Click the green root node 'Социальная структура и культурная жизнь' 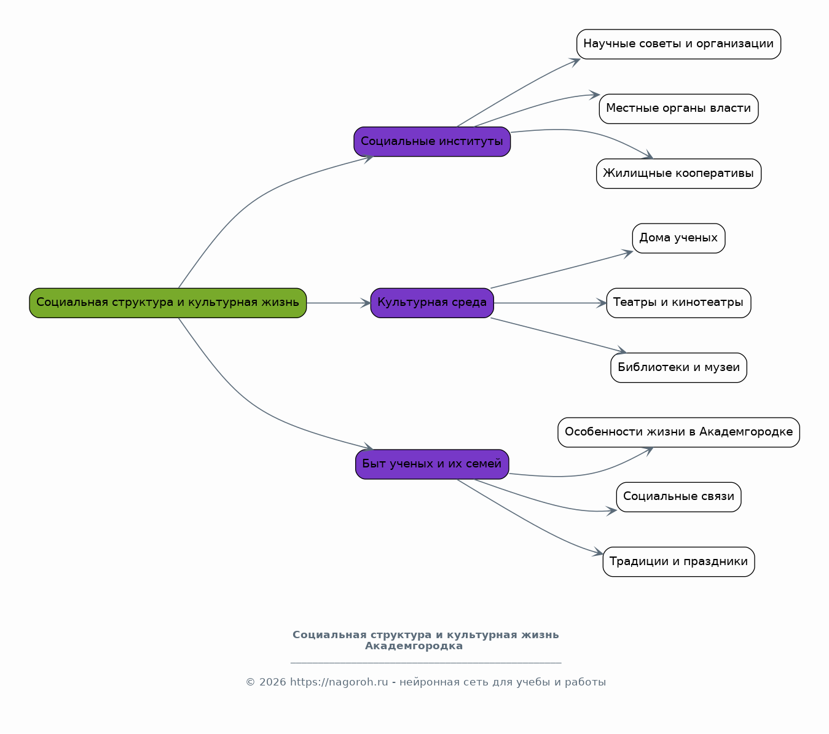click(168, 303)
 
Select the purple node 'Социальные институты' click(432, 141)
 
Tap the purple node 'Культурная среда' click(432, 303)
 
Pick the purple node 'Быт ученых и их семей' click(432, 464)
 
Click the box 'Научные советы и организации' click(679, 44)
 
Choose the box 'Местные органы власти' click(679, 109)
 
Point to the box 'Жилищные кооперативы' click(679, 173)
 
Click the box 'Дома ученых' click(679, 238)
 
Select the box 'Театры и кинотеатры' click(679, 303)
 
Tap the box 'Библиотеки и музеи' click(679, 367)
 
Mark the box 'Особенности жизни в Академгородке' click(679, 432)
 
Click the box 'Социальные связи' click(679, 497)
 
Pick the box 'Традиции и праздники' click(679, 562)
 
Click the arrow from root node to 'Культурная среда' click(339, 303)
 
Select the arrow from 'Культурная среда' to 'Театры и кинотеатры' click(551, 303)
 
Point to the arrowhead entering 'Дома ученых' click(627, 254)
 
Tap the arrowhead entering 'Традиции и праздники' click(598, 552)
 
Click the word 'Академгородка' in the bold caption click(414, 646)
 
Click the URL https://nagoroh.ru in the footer click(339, 682)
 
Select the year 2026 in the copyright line click(272, 682)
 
